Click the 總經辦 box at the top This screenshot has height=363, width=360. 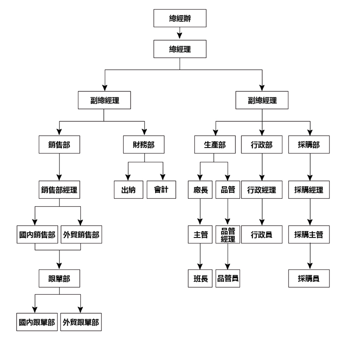point(180,18)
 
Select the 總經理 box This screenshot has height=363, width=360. point(180,49)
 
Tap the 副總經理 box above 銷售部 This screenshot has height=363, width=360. point(104,100)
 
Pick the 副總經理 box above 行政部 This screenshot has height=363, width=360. point(262,100)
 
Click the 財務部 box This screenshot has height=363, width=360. point(144,145)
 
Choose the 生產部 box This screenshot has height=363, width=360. point(215,145)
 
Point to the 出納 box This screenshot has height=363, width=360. point(129,190)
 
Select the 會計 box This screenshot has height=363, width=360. point(161,190)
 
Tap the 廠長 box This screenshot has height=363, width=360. point(200,190)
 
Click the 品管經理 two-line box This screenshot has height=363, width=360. point(228,234)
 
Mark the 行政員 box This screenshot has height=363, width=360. point(262,234)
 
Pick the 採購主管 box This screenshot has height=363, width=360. point(309,234)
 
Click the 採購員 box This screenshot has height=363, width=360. point(309,279)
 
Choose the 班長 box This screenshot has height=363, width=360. point(200,279)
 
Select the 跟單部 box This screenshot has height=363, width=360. point(59,279)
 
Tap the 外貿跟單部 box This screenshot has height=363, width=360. point(81,322)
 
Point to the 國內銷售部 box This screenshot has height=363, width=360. point(37,234)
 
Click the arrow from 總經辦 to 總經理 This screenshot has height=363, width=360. point(180,33)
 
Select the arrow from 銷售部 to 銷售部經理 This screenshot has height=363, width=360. point(59,167)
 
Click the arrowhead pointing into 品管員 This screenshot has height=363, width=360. point(228,267)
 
